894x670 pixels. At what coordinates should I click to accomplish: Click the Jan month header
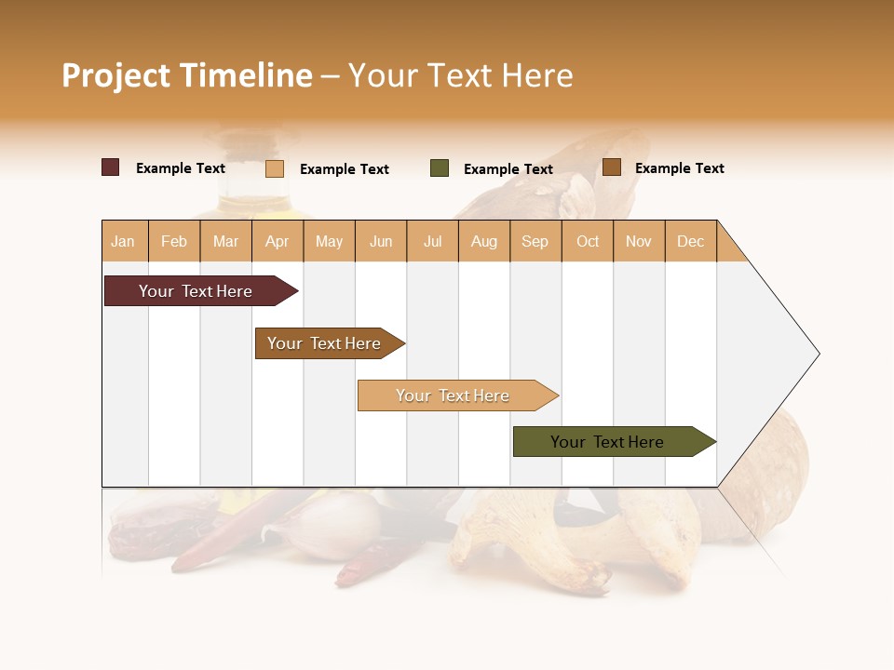pos(124,241)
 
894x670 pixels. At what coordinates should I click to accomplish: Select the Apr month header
pos(278,241)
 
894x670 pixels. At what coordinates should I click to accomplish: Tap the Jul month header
pos(432,241)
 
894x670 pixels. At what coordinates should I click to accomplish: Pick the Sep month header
pos(535,241)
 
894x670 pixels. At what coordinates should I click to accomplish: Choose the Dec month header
pos(690,241)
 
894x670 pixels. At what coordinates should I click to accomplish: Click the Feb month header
pos(174,241)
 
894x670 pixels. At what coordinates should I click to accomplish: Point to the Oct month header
pos(588,241)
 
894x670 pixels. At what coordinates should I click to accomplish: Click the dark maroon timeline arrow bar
pos(196,291)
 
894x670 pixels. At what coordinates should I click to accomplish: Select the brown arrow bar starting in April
pos(325,343)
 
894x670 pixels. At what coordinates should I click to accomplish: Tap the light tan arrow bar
pos(454,395)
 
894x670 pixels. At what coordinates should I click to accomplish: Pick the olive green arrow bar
pos(608,442)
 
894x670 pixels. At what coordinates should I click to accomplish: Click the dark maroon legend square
pos(110,167)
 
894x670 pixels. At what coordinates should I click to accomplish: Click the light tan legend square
pos(274,168)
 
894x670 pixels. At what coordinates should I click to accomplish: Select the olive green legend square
pos(440,168)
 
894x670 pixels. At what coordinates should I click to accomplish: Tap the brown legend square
pos(611,167)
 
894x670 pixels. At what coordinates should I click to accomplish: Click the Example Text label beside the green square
pos(508,169)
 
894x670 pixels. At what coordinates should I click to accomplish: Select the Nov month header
pos(639,241)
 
